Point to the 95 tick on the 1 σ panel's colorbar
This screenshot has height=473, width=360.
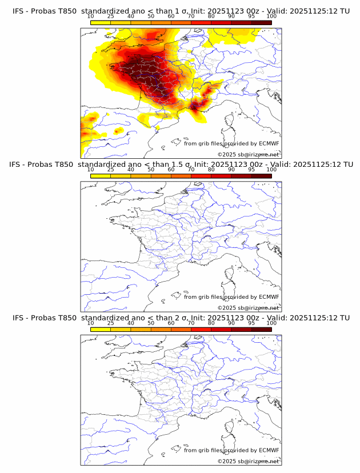coord(251,16)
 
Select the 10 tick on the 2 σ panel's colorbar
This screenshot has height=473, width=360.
coord(91,323)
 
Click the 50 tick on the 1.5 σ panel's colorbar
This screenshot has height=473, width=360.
coord(151,170)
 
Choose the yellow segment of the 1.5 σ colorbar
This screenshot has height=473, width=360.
coord(101,175)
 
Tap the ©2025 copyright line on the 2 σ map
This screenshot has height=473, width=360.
coord(249,461)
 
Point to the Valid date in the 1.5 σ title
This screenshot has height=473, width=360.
coord(325,165)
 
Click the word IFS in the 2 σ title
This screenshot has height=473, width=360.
coord(18,318)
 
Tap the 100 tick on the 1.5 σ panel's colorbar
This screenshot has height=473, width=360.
coord(271,170)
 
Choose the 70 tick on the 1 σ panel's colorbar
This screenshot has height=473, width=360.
coord(191,16)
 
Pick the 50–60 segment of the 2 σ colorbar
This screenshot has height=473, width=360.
coord(161,329)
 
